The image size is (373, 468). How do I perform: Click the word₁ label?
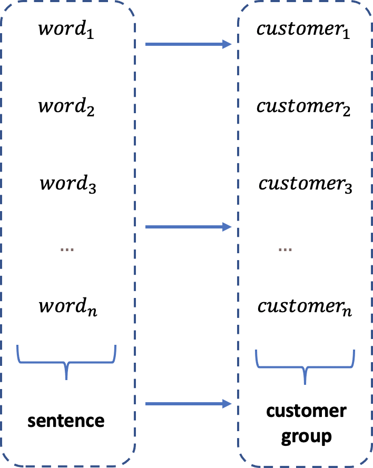point(66,29)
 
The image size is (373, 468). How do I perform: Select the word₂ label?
point(66,107)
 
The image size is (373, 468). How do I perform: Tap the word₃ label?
point(67,185)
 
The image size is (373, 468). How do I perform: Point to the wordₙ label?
point(67,307)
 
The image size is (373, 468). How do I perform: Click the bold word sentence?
point(66,421)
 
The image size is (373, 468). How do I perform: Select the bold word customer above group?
point(306,411)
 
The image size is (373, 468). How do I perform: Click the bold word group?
point(306,436)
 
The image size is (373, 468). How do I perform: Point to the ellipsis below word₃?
point(67,249)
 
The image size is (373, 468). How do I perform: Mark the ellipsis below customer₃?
point(284,249)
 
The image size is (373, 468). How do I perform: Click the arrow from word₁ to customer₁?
point(188,45)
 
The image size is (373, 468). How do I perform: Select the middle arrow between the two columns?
point(188,227)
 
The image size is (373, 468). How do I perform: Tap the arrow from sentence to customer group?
point(188,404)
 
